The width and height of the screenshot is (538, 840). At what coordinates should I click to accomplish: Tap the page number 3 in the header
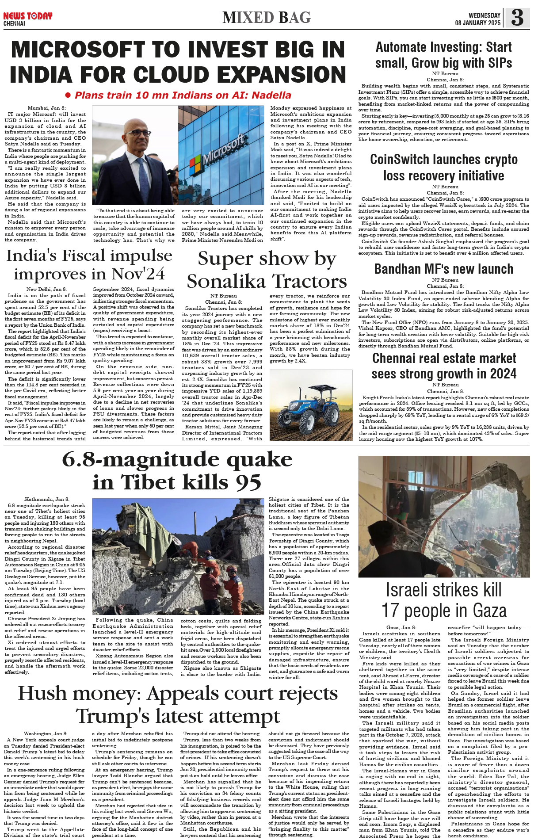pos(517,18)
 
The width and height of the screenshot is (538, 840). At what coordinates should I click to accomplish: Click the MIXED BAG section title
pos(267,18)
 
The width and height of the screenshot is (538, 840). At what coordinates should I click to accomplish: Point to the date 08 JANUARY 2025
pos(477,23)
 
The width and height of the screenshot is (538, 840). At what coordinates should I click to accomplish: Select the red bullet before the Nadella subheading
pos(68,95)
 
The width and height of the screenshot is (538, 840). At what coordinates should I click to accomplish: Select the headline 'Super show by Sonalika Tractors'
pos(267,270)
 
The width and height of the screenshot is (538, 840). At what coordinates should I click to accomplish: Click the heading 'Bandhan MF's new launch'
pos(443,269)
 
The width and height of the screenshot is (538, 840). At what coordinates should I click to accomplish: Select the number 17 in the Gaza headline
pos(390,611)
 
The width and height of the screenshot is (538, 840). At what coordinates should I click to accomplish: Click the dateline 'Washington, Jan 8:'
pos(46,733)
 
